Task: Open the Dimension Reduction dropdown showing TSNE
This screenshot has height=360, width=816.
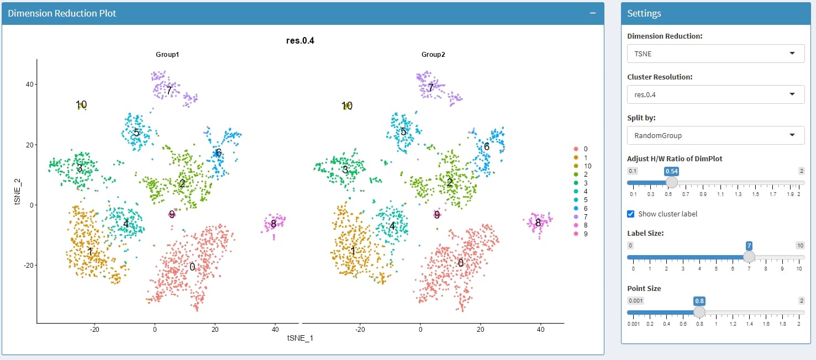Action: coord(715,54)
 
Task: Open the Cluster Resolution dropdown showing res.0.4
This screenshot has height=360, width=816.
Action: coord(715,94)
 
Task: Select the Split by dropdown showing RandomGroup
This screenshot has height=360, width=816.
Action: coord(715,135)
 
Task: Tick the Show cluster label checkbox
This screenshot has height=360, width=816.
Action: coord(631,214)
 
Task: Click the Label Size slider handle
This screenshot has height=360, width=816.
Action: coord(749,257)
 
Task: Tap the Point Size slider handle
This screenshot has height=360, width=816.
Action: coord(699,312)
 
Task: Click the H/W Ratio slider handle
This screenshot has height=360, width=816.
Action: coord(671,182)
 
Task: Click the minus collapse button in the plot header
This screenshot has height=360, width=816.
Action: coord(593,13)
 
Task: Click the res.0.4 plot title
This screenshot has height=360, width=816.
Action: coord(300,40)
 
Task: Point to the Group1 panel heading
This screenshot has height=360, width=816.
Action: coord(167,55)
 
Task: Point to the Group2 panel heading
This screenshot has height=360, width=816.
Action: coord(433,55)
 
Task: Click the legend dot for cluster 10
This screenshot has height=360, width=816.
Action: coord(576,166)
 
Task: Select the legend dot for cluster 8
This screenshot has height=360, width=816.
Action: coord(576,225)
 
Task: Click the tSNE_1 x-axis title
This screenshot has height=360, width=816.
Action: coord(300,338)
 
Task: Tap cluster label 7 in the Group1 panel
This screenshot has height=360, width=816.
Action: coord(169,90)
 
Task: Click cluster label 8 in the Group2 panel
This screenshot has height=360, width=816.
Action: coord(538,223)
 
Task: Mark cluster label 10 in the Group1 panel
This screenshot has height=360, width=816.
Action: coord(81,104)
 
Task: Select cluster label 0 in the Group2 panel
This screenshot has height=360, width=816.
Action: coord(461,263)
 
